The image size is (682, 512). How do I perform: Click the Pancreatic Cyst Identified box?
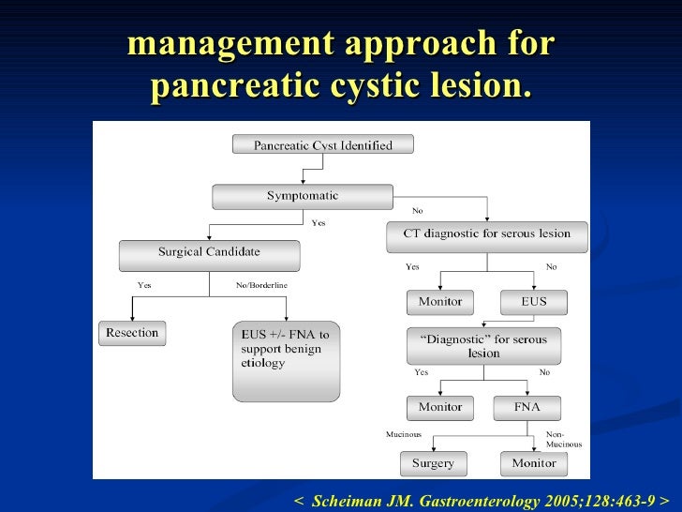click(x=323, y=145)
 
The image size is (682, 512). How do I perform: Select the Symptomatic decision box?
click(x=302, y=197)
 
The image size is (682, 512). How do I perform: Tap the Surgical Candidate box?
click(x=209, y=253)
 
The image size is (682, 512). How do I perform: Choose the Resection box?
click(x=132, y=333)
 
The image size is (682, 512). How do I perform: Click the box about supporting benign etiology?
click(x=286, y=361)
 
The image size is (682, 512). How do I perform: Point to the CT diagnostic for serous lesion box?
click(x=486, y=234)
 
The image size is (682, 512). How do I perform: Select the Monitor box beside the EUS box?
click(x=440, y=303)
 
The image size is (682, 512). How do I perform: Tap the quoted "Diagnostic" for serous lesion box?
click(x=483, y=345)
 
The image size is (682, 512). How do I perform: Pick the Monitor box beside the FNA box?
click(x=440, y=408)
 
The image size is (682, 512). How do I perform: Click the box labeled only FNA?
click(x=527, y=408)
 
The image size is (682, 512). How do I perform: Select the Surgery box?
click(x=433, y=463)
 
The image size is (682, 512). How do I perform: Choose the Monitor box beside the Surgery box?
click(x=534, y=463)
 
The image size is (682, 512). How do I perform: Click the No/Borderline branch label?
click(x=262, y=285)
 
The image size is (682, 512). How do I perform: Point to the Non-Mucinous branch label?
click(x=563, y=440)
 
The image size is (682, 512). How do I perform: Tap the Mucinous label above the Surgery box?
click(x=404, y=435)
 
